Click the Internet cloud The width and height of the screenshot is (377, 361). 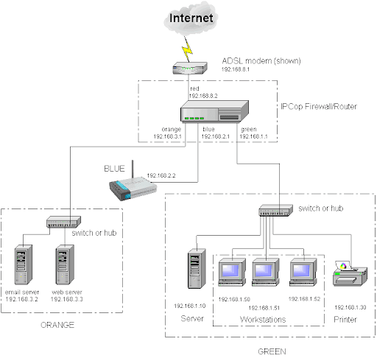pos(191,18)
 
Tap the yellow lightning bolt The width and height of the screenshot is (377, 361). pos(188,49)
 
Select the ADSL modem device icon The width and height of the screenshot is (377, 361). pos(190,68)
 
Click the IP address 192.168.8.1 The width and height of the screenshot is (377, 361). pos(236,69)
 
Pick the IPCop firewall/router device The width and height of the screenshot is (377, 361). pos(214,111)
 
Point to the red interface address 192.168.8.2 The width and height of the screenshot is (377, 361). pos(203,96)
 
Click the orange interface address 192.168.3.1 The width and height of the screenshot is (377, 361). pos(167,136)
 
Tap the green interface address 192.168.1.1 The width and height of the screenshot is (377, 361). pos(253,136)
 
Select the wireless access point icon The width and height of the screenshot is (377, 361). pos(133,185)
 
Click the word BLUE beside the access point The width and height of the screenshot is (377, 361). pos(114,169)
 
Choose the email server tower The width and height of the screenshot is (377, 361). pos(24,264)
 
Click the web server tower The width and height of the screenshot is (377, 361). pos(65,264)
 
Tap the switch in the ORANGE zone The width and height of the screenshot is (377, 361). pos(63,222)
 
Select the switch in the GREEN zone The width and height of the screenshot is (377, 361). pos(276,211)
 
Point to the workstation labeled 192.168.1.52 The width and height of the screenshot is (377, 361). pos(303,273)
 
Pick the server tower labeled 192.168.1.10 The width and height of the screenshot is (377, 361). pos(197,268)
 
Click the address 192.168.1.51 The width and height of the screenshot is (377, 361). pos(264,308)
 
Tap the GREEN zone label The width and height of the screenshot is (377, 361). pos(272,351)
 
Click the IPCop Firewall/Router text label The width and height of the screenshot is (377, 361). pos(319,107)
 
